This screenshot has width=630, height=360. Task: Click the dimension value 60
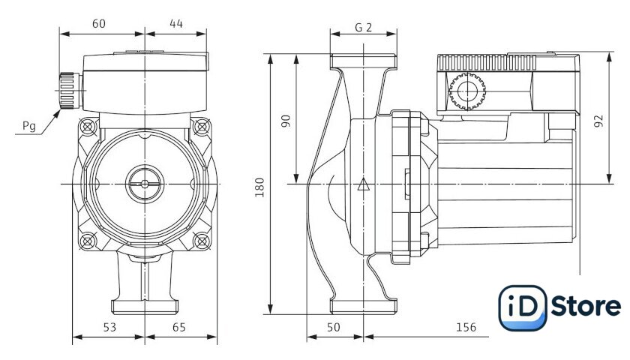(99, 24)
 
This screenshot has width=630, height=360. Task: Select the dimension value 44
(176, 24)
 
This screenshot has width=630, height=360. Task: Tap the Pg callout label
(29, 126)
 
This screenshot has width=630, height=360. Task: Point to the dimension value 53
(109, 328)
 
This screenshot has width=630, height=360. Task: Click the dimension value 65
(178, 328)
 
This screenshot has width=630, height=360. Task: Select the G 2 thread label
(363, 27)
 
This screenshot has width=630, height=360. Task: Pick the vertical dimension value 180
(260, 187)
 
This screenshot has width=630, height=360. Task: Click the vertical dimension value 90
(285, 121)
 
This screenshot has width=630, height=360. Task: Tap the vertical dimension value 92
(598, 121)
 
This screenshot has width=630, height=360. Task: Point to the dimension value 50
(333, 328)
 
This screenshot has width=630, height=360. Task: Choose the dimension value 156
(466, 328)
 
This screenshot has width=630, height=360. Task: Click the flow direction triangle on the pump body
(363, 184)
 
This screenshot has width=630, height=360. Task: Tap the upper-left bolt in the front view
(88, 127)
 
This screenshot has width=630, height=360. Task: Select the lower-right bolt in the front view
(201, 241)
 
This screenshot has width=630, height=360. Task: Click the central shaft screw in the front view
(145, 184)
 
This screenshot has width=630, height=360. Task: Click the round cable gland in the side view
(467, 91)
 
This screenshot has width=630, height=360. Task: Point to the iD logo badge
(522, 307)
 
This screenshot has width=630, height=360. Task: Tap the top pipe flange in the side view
(363, 61)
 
